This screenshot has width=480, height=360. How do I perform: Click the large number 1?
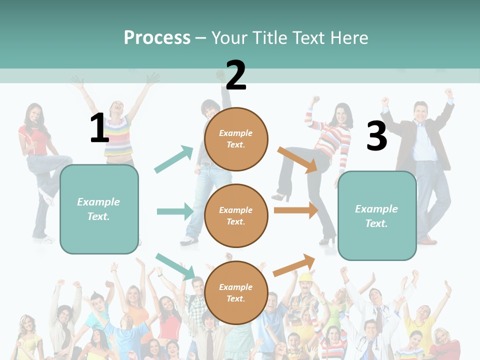(x=99, y=128)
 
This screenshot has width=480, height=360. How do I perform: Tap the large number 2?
(x=235, y=75)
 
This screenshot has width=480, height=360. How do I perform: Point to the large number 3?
(x=376, y=136)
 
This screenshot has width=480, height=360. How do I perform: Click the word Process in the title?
(x=157, y=37)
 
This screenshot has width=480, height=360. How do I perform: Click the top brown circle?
(x=236, y=139)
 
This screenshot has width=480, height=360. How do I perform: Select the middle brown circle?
(x=236, y=216)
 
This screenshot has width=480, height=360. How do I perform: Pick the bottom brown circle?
(x=236, y=292)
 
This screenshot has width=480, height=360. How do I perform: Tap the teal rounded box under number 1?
(x=99, y=209)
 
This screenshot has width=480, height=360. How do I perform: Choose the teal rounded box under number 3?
(x=377, y=215)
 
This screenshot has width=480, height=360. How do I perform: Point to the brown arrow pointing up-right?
(x=294, y=265)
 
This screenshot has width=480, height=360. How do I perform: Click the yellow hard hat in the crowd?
(x=305, y=277)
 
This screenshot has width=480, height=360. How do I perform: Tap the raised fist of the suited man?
(x=448, y=93)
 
